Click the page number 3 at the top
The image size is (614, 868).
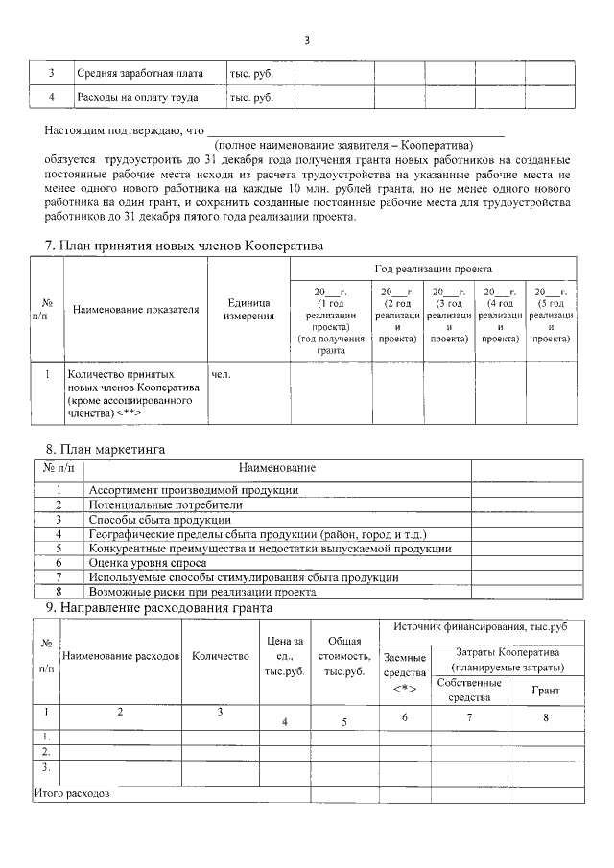307,40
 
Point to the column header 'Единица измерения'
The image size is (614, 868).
249,309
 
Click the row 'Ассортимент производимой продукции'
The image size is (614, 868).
193,490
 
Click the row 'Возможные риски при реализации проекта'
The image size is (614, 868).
202,592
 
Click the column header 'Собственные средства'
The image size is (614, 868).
469,690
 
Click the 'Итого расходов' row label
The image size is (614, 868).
72,795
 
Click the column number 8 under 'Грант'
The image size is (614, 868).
545,717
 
